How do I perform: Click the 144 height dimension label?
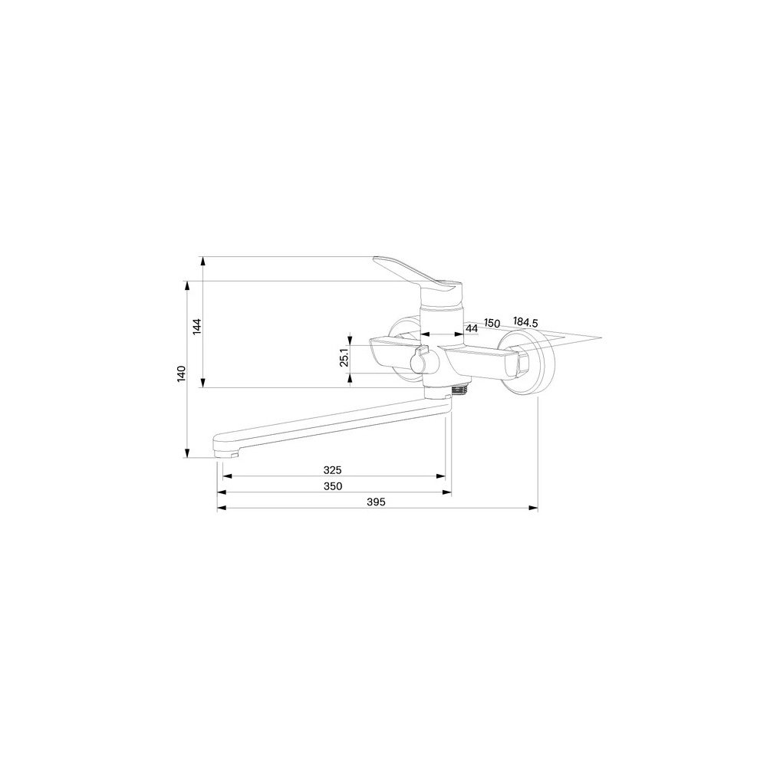coord(196,326)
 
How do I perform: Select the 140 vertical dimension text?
coord(182,374)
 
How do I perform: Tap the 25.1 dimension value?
coord(344,357)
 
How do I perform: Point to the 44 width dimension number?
coord(471,329)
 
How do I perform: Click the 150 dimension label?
coord(492,324)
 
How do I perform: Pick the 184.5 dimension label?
coord(525,322)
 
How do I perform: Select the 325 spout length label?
coord(333,470)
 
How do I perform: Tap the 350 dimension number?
coord(333,486)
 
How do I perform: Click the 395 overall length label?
coord(376,502)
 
